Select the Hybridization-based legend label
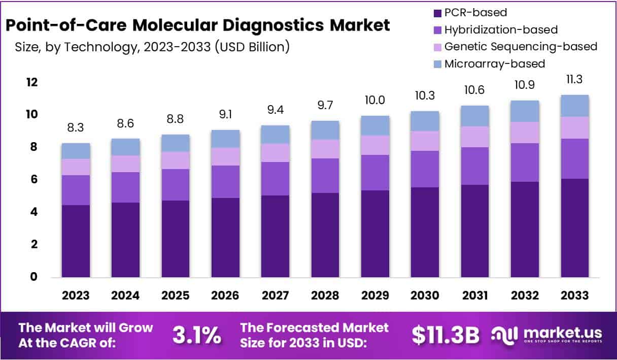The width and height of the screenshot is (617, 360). click(500, 30)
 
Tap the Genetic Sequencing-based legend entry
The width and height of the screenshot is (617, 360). click(521, 47)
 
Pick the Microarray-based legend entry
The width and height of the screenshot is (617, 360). click(494, 64)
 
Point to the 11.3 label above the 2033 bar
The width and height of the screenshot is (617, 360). click(574, 80)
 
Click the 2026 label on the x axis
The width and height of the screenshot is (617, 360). click(225, 296)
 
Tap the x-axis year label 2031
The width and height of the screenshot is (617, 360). click(475, 296)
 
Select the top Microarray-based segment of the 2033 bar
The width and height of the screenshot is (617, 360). click(574, 106)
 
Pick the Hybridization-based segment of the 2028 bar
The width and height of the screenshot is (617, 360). click(325, 176)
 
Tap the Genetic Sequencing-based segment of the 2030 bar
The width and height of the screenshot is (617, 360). click(425, 141)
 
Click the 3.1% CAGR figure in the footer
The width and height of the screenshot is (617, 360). click(196, 335)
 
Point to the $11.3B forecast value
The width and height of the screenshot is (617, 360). click(445, 335)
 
